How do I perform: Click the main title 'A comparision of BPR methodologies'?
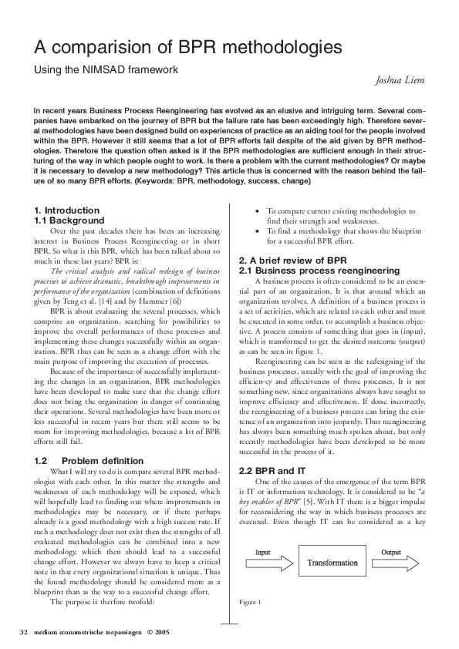187,48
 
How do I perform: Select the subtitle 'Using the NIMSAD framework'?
106,69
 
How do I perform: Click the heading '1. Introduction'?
67,210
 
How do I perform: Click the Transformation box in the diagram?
332,563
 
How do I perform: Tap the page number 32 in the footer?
23,632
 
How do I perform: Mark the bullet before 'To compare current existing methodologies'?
257,210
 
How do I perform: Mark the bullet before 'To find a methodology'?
257,230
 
